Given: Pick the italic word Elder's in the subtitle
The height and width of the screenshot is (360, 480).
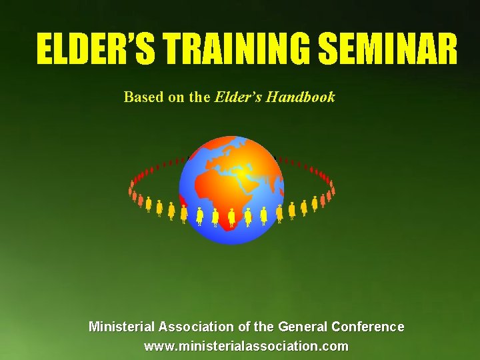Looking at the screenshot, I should click(x=238, y=97).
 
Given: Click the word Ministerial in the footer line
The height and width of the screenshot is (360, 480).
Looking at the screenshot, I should click(x=121, y=327).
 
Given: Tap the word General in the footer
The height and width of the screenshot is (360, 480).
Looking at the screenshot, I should click(x=301, y=327).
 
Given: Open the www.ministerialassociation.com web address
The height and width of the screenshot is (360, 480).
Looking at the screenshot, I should click(x=246, y=347).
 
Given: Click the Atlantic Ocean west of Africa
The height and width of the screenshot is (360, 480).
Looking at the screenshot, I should click(x=197, y=193).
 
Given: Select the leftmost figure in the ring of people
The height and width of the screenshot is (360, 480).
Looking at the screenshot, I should click(x=131, y=189).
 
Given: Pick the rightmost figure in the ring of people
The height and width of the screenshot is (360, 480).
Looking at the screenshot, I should click(x=333, y=189).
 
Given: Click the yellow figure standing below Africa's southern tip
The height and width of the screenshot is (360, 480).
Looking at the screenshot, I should click(x=231, y=217).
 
